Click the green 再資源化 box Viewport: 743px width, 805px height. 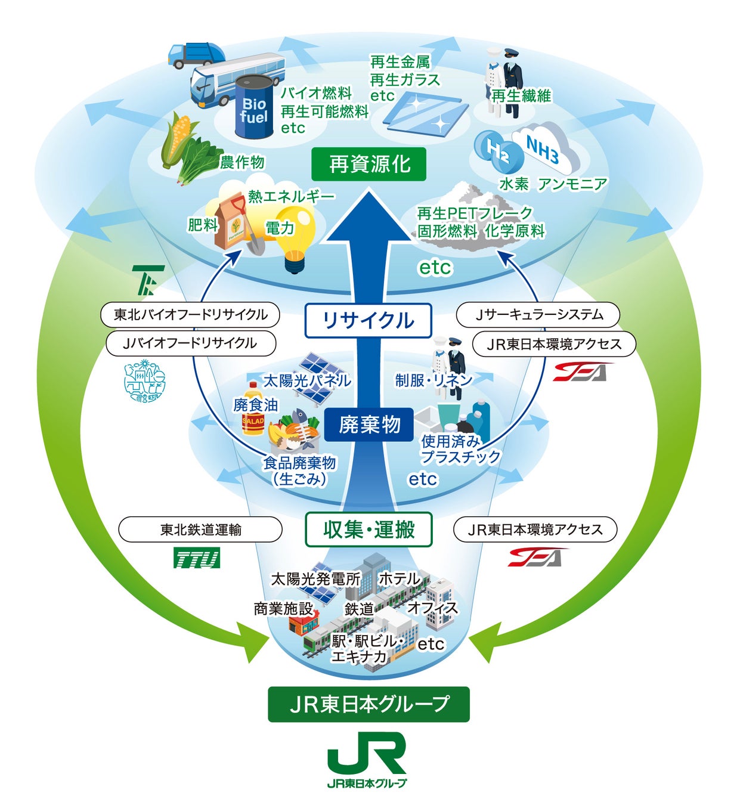(x=369, y=164)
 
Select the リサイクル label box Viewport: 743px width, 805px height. (x=368, y=321)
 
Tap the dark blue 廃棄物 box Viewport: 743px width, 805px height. (x=369, y=425)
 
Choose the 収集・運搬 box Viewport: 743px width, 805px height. (x=369, y=529)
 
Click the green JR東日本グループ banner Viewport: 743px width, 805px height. (x=369, y=704)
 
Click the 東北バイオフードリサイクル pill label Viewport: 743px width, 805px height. (x=190, y=315)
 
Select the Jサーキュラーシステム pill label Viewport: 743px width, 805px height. (x=538, y=315)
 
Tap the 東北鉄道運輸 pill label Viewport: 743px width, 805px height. (x=200, y=530)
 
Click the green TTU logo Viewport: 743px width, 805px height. (x=197, y=559)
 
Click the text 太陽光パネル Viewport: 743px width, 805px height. (x=307, y=380)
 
